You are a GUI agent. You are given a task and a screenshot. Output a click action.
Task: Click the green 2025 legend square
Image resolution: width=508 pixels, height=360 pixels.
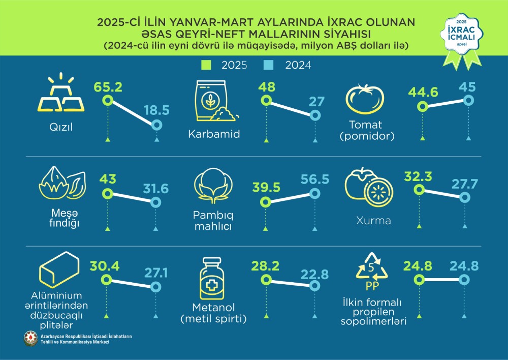(x=205, y=65)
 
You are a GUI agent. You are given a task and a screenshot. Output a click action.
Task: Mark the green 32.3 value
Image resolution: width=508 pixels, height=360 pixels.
(x=418, y=177)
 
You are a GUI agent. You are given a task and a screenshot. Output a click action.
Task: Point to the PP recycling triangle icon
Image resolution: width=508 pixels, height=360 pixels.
(x=374, y=269)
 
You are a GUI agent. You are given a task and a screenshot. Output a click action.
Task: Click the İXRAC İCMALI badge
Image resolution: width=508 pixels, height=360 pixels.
(x=461, y=36)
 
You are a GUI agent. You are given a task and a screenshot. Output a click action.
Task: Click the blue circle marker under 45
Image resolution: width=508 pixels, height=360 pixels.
(x=468, y=100)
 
